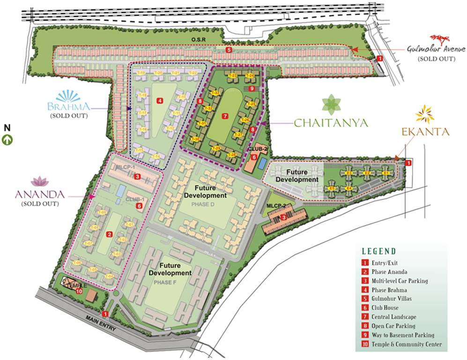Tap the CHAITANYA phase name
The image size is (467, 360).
331,123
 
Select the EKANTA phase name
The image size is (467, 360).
425,132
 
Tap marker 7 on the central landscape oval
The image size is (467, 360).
225,115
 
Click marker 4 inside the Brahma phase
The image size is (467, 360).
160,100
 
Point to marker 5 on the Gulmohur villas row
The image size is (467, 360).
228,50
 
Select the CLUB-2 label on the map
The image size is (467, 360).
257,149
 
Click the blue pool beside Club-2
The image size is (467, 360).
263,162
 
